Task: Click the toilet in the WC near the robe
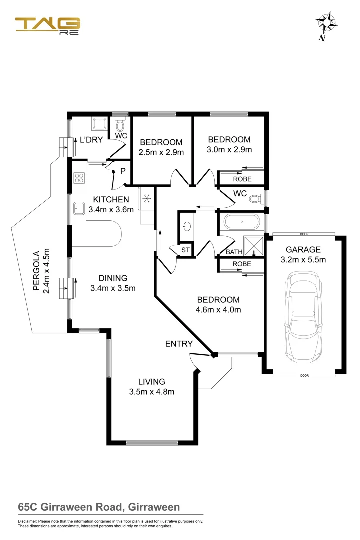point(255,199)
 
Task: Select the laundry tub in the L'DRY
point(99,123)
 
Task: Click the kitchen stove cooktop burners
point(79,178)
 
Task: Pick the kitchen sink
point(79,207)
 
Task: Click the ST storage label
point(185,250)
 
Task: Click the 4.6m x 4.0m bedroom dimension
point(218,310)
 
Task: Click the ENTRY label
point(179,344)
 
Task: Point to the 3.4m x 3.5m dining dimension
point(113,288)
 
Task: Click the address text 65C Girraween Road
point(99,507)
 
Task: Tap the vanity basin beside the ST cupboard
point(187,227)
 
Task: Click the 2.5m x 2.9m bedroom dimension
point(161,152)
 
